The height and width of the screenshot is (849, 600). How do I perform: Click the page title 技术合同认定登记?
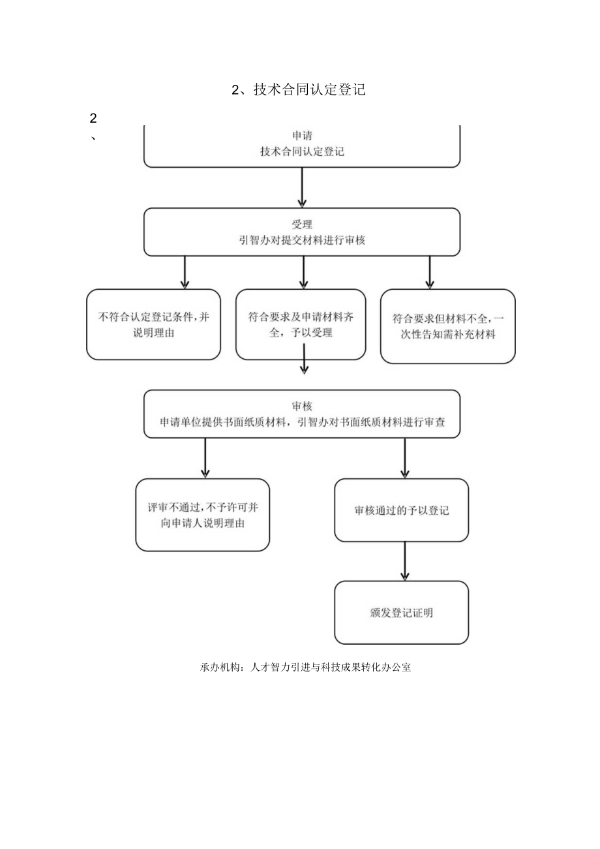[x=299, y=90]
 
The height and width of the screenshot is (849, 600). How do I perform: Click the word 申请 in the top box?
[x=302, y=136]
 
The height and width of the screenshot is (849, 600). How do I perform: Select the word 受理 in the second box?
[x=302, y=224]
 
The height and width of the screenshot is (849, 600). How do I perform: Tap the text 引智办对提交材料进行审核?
[x=302, y=240]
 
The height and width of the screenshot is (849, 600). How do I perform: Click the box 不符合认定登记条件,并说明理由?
[x=153, y=324]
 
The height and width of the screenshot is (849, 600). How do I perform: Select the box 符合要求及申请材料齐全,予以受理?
[x=301, y=324]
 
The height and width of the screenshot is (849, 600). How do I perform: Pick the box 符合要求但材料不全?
[x=448, y=326]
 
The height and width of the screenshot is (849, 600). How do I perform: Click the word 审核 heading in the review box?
[x=303, y=405]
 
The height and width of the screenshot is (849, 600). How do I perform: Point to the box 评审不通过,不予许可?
[x=202, y=515]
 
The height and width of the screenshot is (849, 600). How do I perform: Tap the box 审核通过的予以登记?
[x=402, y=510]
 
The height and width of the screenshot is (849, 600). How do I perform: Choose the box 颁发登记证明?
[x=402, y=613]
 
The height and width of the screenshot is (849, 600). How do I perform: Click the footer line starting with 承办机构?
[x=306, y=668]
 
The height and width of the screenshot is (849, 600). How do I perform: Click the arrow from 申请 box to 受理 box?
[x=302, y=187]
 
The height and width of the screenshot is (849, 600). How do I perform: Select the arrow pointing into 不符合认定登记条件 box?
[x=185, y=272]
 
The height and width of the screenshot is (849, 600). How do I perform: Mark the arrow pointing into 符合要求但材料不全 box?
[x=429, y=272]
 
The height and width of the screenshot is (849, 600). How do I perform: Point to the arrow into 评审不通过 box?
[x=205, y=458]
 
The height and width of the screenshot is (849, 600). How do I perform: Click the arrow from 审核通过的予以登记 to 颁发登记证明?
[x=404, y=561]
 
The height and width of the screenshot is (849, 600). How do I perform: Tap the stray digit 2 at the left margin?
[x=93, y=119]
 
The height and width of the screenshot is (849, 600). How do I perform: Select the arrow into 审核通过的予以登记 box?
[x=404, y=458]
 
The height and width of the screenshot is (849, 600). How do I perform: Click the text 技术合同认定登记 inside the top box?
[x=302, y=152]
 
